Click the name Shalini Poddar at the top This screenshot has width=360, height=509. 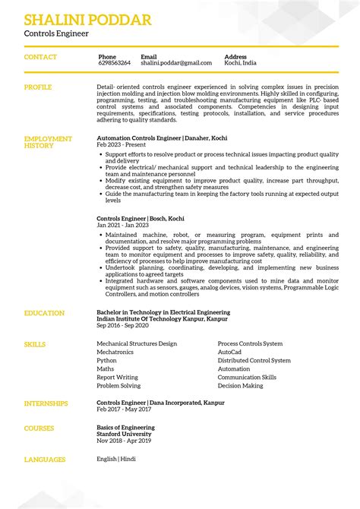tap(87, 20)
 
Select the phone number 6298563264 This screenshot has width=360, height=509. tap(114, 63)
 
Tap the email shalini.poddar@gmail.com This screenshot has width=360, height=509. tap(176, 63)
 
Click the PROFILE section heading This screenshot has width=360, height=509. tap(38, 87)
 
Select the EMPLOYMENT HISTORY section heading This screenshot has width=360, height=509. tap(48, 142)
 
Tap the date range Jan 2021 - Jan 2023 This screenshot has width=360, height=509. tap(122, 225)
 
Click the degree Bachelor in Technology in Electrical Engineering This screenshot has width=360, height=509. tap(163, 312)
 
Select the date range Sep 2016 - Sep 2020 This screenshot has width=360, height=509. tap(122, 325)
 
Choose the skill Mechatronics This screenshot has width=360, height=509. tap(115, 353)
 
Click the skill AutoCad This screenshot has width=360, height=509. tap(229, 353)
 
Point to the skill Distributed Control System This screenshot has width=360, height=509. tap(254, 361)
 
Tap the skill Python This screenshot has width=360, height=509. tap(106, 361)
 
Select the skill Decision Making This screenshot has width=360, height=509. tap(240, 386)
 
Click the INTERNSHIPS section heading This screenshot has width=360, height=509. tap(46, 403)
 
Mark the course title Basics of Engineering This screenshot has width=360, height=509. tap(125, 428)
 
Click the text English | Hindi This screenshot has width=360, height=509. tap(117, 459)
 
